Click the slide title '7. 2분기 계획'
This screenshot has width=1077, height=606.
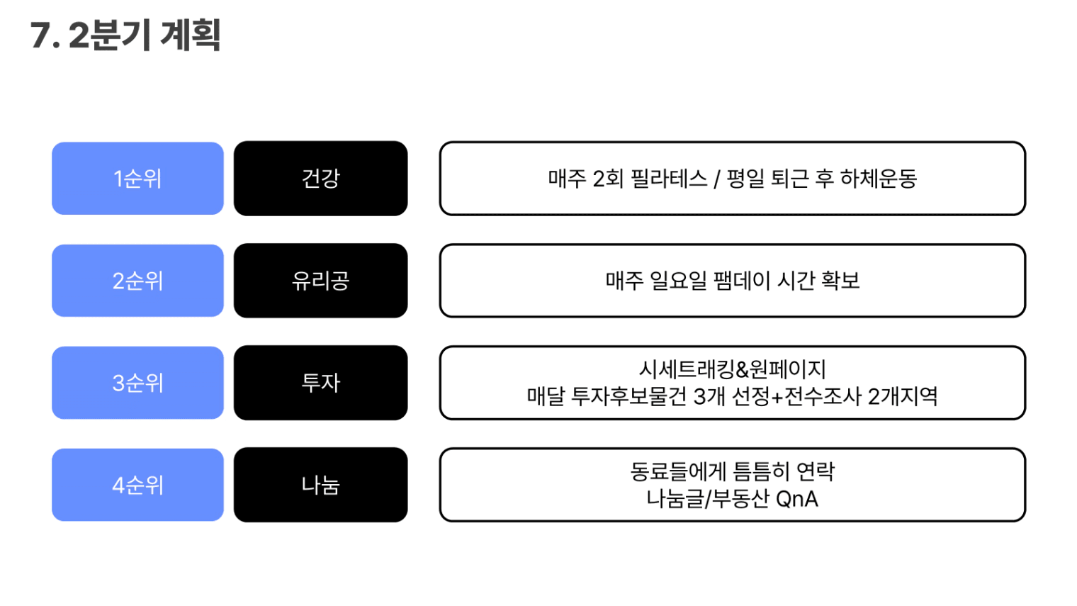tap(125, 35)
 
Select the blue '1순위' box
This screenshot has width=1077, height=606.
tap(137, 179)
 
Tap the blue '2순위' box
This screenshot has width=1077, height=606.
tap(137, 281)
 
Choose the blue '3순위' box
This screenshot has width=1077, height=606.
tap(137, 383)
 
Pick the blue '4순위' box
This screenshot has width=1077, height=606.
tap(137, 485)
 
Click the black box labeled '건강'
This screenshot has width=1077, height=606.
tap(320, 179)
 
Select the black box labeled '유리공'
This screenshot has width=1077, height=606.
tap(320, 281)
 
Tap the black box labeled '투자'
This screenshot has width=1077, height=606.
tap(320, 383)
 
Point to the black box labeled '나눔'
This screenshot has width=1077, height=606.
tap(320, 485)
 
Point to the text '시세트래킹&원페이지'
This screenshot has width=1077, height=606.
tap(732, 369)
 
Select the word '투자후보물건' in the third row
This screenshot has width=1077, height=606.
tap(628, 396)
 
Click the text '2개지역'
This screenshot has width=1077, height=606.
tap(903, 396)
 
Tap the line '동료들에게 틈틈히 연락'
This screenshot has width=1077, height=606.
tap(732, 471)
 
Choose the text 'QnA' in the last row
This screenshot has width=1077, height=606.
tap(797, 499)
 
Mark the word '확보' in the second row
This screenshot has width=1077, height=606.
tap(840, 281)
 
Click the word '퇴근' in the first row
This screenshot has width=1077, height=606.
tap(789, 179)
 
